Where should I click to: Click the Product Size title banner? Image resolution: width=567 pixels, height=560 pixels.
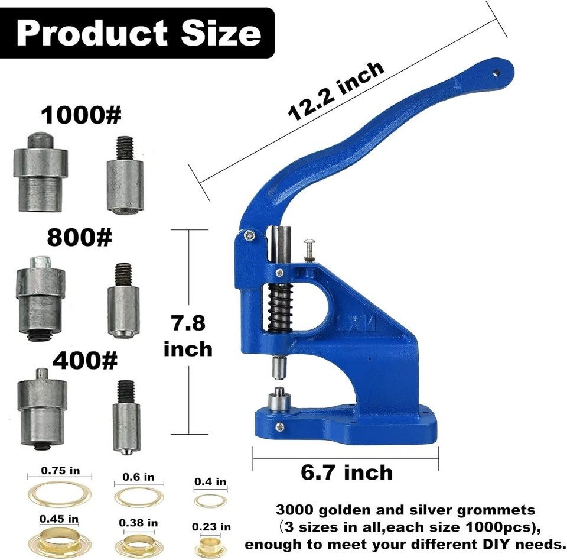(137, 33)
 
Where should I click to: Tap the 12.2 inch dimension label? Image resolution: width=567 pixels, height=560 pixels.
(336, 92)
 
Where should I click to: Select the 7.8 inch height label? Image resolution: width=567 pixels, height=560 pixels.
(188, 335)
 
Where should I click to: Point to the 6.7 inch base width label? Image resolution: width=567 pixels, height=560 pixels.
(347, 472)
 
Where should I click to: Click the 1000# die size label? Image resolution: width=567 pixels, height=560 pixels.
(81, 115)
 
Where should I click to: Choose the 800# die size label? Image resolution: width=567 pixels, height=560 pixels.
(80, 238)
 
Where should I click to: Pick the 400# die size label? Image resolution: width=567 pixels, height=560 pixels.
(85, 360)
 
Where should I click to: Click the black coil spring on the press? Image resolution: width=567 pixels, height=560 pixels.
(280, 306)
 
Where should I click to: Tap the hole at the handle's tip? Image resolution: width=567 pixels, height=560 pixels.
(496, 73)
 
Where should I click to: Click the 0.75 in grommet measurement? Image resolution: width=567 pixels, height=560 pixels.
(60, 471)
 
